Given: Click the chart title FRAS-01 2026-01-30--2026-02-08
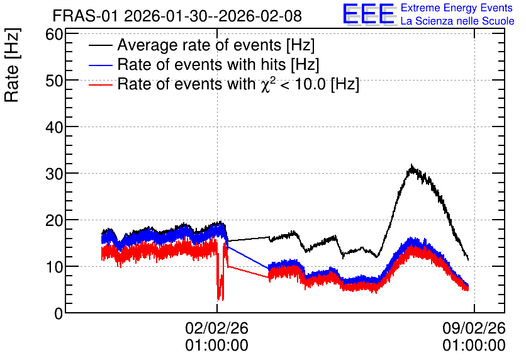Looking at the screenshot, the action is (x=177, y=16).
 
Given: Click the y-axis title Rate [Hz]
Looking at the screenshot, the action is (x=12, y=65).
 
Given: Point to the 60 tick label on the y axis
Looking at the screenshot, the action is (x=54, y=34).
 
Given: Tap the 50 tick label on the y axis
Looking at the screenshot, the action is (x=54, y=81).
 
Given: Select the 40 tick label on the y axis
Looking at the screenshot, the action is (x=54, y=128).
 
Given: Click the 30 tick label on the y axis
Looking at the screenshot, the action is (x=54, y=174).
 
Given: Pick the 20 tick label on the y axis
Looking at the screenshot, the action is (x=54, y=221).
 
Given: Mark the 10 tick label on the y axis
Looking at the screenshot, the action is (x=54, y=267).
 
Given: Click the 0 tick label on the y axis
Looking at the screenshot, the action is (x=59, y=314).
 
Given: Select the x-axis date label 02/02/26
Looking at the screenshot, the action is (x=216, y=328).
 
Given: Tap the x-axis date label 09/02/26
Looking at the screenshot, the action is (x=474, y=328).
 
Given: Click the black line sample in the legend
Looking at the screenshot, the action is (x=101, y=45).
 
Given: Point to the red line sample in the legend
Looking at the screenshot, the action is (x=101, y=84).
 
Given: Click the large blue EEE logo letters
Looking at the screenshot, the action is (x=369, y=14).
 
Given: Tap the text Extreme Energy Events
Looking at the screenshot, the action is (x=457, y=8).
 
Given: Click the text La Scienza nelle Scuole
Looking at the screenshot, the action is (x=457, y=21).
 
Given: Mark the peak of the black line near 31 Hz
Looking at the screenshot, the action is (x=411, y=166).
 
